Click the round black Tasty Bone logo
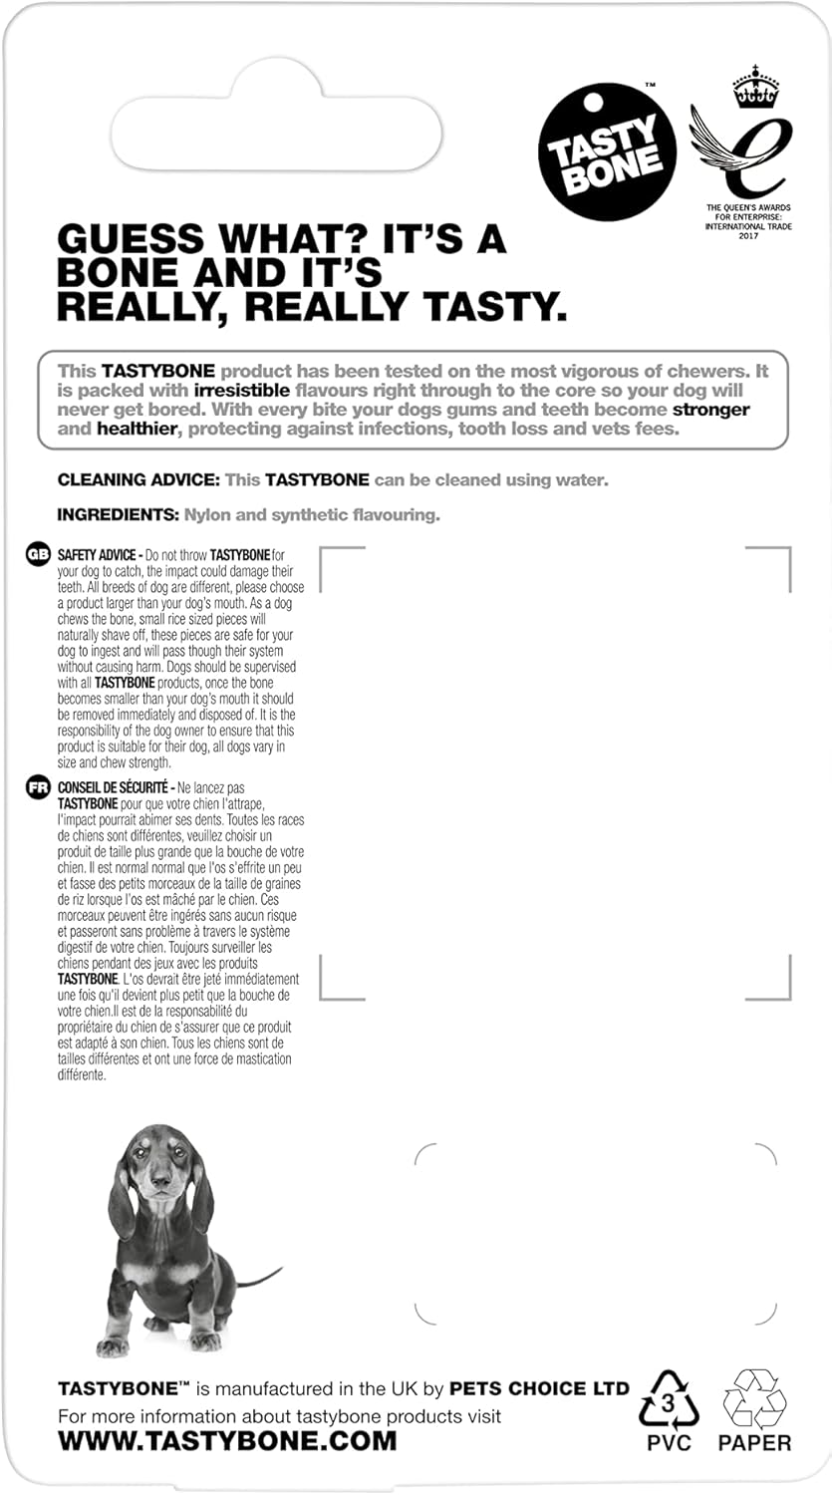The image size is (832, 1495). click(x=607, y=149)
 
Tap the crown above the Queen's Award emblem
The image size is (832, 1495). click(x=755, y=87)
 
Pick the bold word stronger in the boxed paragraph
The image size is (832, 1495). click(x=711, y=410)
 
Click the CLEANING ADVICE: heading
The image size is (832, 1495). click(x=138, y=480)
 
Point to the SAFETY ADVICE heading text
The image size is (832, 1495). click(x=99, y=554)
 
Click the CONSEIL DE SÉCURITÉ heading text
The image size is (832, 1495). click(x=116, y=787)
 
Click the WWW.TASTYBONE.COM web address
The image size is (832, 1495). click(x=227, y=1440)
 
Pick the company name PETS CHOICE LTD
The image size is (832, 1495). click(x=539, y=1388)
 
